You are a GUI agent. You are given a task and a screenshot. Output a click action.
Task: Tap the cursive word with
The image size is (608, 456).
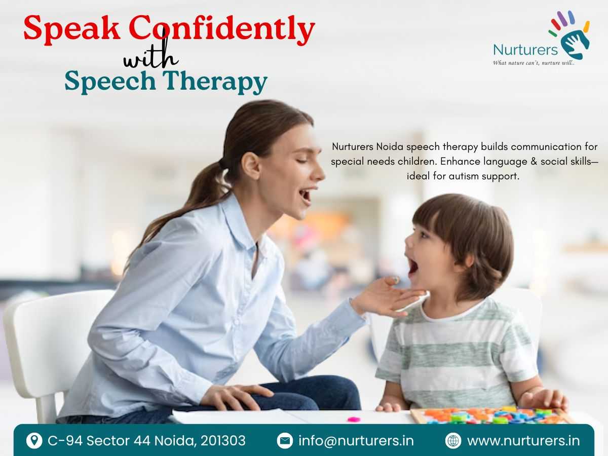[151, 55]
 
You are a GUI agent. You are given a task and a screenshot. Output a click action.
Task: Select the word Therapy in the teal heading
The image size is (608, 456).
[215, 82]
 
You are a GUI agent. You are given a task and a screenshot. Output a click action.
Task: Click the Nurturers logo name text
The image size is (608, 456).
[525, 50]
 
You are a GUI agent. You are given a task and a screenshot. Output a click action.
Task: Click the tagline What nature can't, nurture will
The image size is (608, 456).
[534, 63]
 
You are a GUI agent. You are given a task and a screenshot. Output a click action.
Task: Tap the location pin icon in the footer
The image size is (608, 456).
[34, 441]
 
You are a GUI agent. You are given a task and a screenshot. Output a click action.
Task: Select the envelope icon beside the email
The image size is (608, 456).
[285, 441]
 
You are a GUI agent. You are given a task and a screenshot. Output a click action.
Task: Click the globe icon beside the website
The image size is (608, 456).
[453, 441]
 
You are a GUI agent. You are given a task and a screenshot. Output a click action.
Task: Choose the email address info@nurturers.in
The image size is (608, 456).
[356, 441]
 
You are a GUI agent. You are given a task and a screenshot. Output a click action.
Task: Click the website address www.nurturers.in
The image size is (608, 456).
[523, 441]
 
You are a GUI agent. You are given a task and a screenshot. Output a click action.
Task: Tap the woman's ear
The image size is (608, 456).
[251, 166]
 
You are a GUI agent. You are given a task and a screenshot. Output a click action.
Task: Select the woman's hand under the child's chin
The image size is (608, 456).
[388, 297]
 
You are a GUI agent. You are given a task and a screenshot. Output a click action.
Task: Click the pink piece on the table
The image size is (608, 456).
[354, 419]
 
